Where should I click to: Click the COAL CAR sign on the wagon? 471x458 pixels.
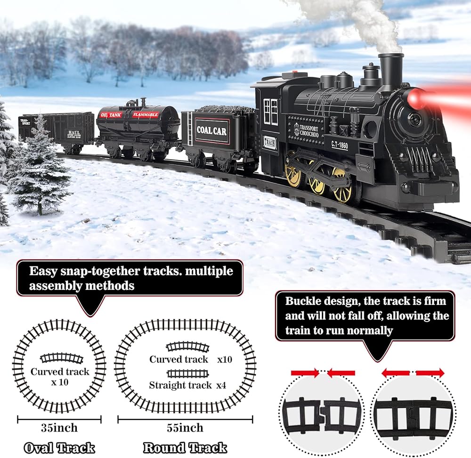[x=211, y=131]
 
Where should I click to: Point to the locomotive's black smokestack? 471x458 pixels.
[x=390, y=71]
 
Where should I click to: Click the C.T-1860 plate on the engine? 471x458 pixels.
[x=339, y=145]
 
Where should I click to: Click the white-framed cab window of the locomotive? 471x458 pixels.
[x=270, y=112]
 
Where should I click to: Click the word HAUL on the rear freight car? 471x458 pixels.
[x=73, y=132]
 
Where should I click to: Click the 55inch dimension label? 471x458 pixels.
[x=185, y=428]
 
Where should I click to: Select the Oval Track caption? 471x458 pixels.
[x=59, y=448]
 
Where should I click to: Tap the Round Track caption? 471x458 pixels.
[x=185, y=448]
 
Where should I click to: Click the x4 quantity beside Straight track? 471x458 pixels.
[x=221, y=385]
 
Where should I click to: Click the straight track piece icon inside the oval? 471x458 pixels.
[x=187, y=373]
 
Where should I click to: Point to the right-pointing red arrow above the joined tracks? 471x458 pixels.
[x=430, y=373]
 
